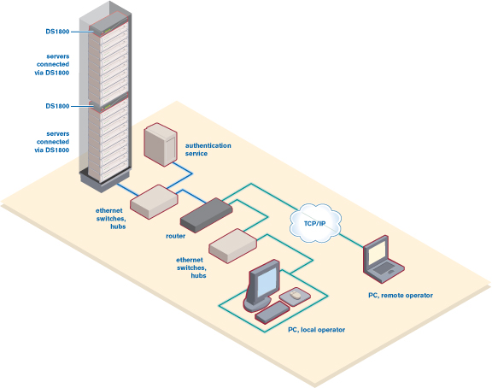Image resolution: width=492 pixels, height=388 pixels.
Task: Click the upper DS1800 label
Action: [57, 32]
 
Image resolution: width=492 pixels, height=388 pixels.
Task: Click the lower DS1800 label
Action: [57, 106]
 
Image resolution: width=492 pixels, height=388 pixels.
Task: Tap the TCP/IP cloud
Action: [315, 223]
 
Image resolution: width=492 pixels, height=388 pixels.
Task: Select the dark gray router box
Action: [206, 215]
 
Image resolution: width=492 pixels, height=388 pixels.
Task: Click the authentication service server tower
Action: [161, 144]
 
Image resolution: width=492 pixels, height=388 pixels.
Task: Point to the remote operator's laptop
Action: [384, 260]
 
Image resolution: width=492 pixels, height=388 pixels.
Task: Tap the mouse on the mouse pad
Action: [295, 295]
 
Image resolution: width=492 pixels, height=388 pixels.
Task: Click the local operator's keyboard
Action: [272, 313]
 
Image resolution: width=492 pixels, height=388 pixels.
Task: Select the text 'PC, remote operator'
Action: [401, 296]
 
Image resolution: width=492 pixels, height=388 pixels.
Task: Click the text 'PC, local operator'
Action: [316, 330]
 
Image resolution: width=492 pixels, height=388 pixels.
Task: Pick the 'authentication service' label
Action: [208, 150]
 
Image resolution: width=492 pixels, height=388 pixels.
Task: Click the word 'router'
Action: [175, 236]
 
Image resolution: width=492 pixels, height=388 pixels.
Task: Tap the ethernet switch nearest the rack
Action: [154, 202]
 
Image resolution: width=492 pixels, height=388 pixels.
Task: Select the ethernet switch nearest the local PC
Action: [233, 246]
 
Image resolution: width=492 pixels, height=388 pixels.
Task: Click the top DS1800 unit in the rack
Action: [108, 27]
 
